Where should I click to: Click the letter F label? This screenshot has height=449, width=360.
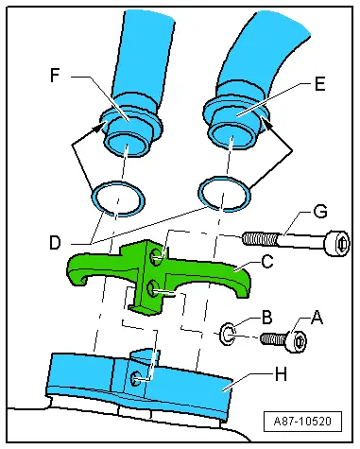tap(55, 76)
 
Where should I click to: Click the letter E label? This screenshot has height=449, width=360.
tap(319, 84)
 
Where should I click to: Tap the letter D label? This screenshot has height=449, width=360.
tap(55, 243)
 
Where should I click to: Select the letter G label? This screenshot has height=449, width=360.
tap(320, 212)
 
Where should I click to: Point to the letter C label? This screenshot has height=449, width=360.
tap(267, 261)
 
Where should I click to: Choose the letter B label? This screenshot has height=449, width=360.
tap(267, 318)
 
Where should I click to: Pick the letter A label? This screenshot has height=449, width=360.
tap(317, 318)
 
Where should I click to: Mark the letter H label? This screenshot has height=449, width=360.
tap(281, 374)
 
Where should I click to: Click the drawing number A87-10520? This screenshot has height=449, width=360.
tap(302, 421)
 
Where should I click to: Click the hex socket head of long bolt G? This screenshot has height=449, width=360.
tap(337, 243)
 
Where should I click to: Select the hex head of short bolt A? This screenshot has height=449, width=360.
tap(297, 340)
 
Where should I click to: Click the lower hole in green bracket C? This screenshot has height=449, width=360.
tap(153, 288)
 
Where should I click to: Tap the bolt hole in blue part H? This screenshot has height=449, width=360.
tap(136, 378)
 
